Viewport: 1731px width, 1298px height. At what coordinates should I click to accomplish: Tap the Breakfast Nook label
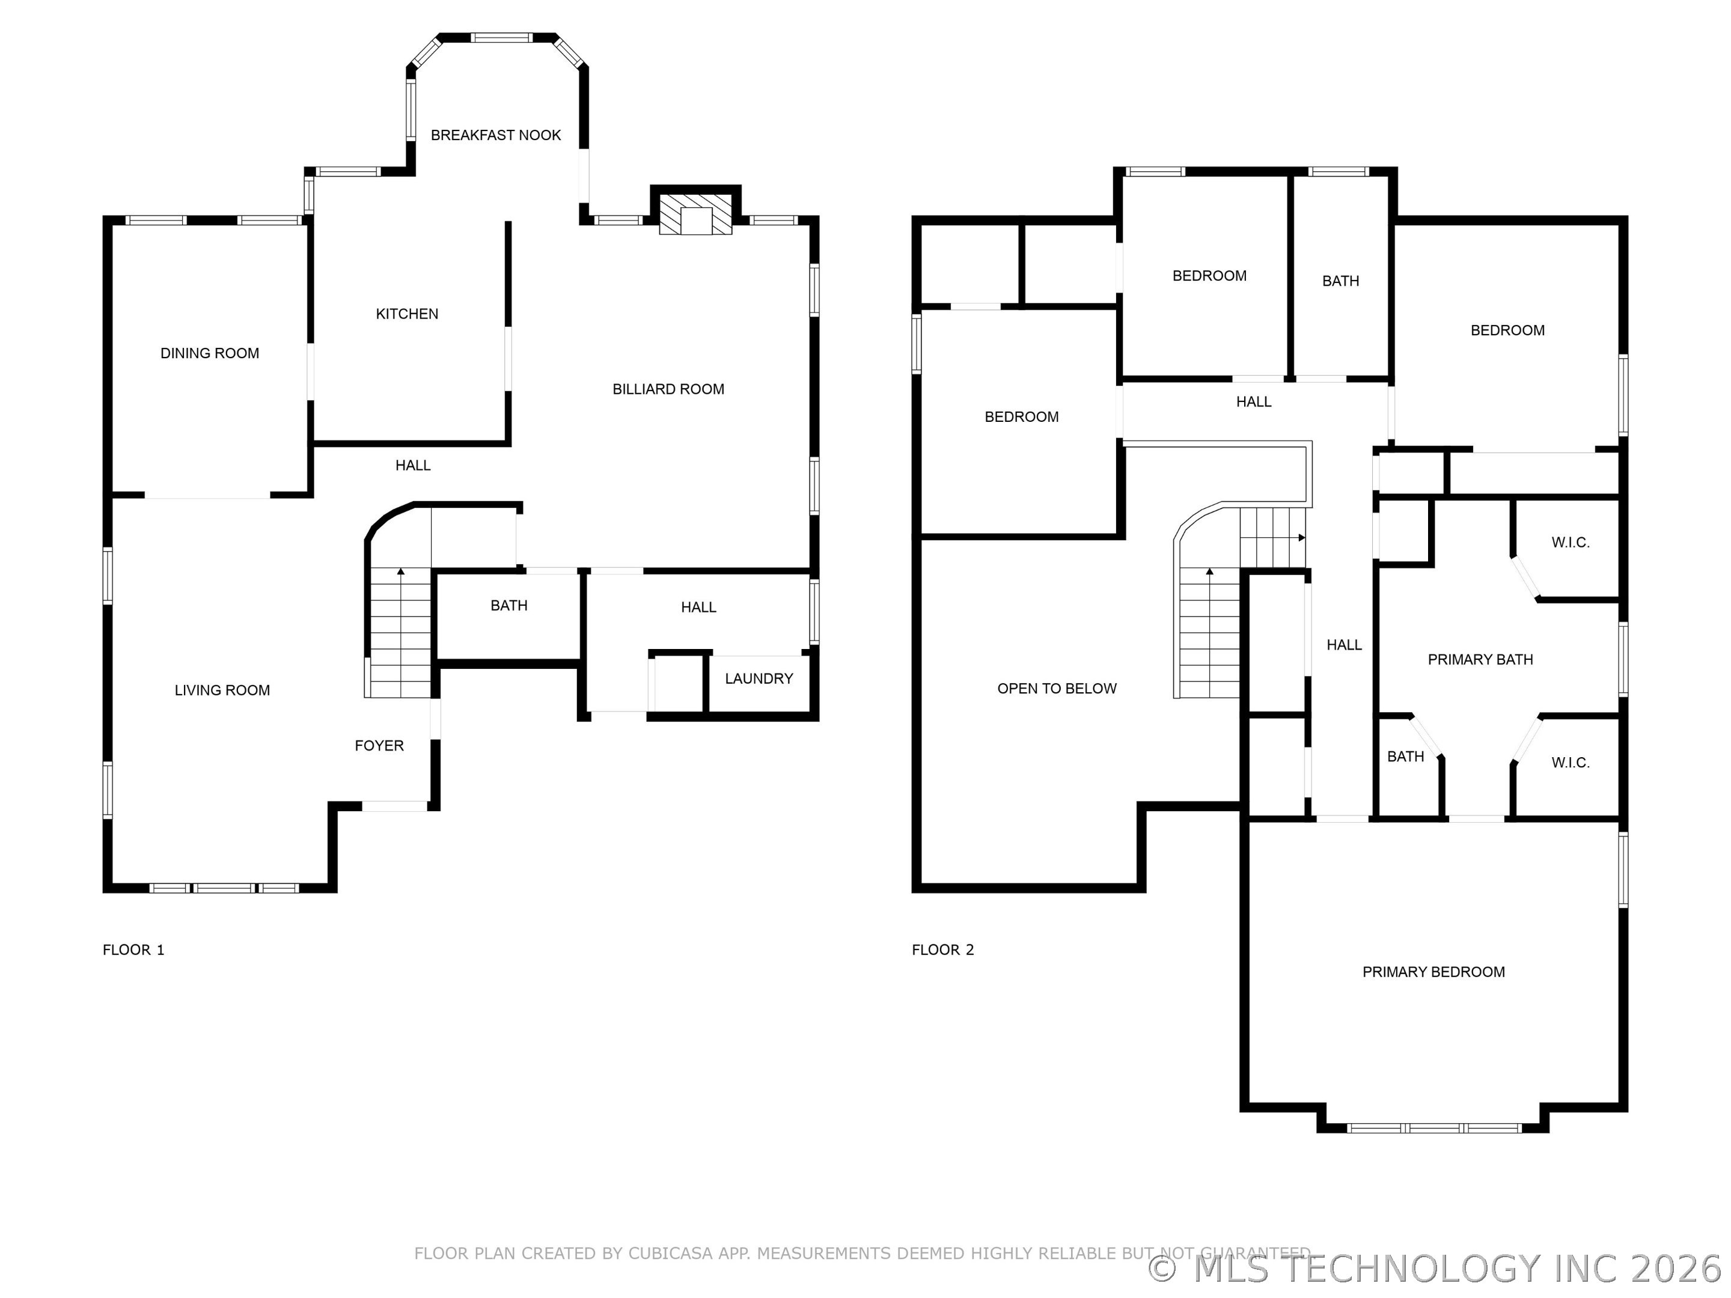495,135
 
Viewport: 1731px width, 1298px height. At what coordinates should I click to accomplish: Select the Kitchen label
407,314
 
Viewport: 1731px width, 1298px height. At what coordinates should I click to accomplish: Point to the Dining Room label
210,353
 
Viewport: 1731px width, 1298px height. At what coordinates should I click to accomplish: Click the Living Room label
222,690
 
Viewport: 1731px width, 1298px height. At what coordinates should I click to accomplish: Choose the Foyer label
379,746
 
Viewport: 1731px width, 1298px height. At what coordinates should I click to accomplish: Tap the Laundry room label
759,678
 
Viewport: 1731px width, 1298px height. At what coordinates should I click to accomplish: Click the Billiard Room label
668,389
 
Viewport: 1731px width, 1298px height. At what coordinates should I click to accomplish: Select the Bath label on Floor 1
508,606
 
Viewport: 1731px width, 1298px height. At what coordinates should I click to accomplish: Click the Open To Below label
1057,689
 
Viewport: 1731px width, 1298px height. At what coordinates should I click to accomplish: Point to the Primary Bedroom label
1433,972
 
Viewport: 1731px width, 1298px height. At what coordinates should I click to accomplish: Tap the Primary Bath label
1480,660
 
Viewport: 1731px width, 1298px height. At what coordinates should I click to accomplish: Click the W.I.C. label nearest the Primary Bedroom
1571,763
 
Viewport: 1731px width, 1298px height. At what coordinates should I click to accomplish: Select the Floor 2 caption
943,950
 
